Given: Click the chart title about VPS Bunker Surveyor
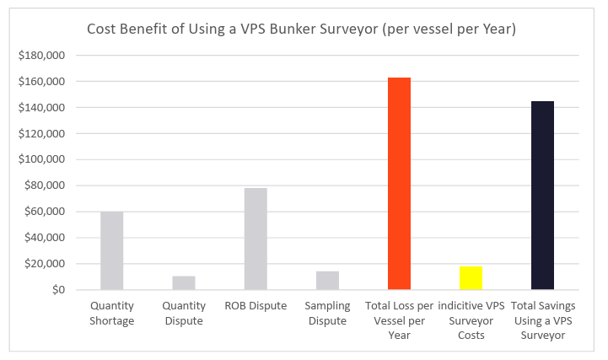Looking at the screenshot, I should tap(302, 30).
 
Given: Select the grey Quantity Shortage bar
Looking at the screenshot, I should tap(111, 250).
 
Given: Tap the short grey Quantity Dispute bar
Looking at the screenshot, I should tap(184, 283).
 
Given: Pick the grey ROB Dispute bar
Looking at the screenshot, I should tap(256, 239).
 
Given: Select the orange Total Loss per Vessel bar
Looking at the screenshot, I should tap(399, 184).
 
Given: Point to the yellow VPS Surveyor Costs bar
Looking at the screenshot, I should tap(471, 278).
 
